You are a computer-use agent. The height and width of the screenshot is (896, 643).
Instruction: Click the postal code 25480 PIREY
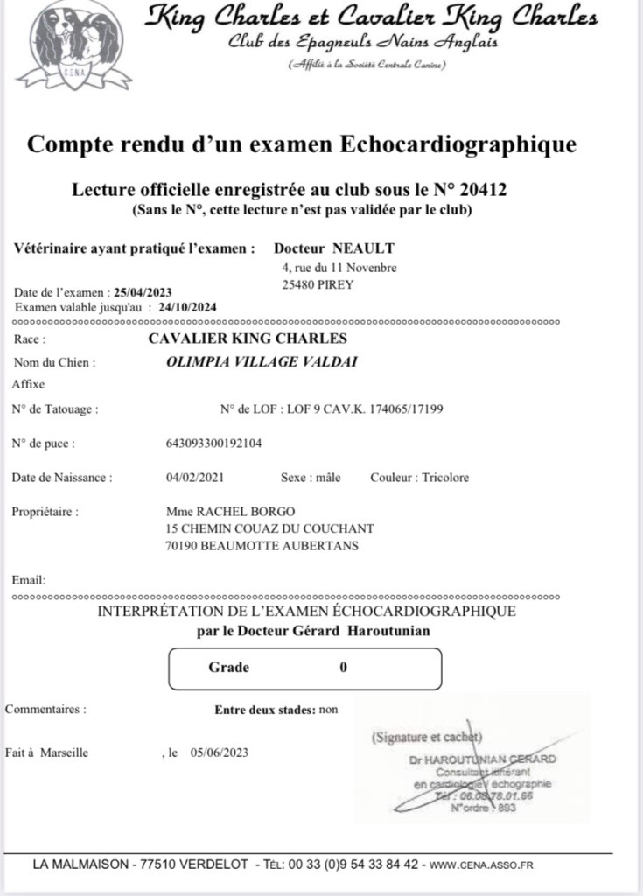pos(317,284)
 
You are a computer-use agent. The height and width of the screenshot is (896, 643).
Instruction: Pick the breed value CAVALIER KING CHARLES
pos(248,339)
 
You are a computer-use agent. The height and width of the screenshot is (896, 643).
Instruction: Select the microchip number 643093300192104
pos(213,444)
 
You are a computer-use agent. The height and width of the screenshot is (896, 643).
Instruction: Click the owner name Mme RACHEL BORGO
pos(230,512)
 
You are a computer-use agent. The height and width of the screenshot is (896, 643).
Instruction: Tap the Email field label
pos(29,580)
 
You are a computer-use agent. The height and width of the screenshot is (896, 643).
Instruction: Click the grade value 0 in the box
pos(343,668)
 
